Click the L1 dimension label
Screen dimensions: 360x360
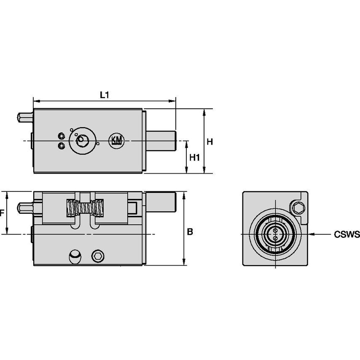[104, 95]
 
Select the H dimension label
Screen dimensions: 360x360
[210, 142]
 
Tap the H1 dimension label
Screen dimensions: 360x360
[194, 158]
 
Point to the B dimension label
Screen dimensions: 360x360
[190, 231]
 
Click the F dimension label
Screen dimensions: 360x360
[2, 213]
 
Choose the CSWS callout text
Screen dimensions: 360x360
[347, 234]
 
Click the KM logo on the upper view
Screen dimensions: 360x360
[116, 140]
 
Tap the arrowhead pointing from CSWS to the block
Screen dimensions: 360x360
[312, 234]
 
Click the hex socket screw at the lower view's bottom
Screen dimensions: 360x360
[97, 255]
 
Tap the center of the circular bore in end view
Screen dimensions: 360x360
[274, 234]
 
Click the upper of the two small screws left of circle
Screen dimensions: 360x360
[62, 136]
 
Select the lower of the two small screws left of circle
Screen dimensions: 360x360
[62, 145]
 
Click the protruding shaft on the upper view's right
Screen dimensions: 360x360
[161, 140]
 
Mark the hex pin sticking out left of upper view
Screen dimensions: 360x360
[24, 117]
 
